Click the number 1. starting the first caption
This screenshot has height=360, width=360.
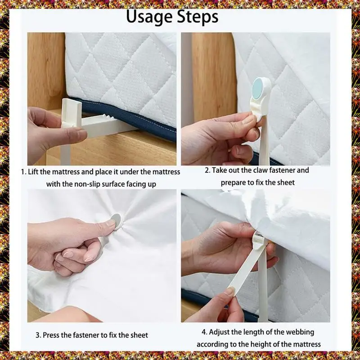[x=24, y=172]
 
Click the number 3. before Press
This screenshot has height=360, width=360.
[x=38, y=335]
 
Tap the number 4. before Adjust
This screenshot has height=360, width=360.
[x=204, y=332]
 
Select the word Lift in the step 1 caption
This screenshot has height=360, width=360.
[x=33, y=172]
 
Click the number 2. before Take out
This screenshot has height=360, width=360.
[x=207, y=171]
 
